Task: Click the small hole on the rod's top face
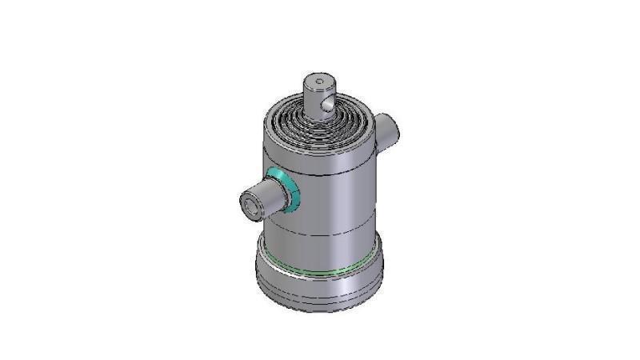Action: click(318, 82)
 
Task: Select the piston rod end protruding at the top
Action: click(318, 96)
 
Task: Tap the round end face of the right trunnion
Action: click(391, 126)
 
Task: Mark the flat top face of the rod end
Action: click(318, 83)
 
